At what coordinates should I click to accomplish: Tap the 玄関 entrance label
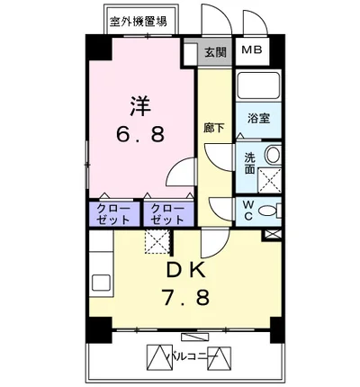[x=214, y=52]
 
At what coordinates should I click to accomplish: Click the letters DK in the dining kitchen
[x=186, y=271]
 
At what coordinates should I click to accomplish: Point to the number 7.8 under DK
[x=186, y=298]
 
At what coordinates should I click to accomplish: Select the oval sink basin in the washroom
[x=273, y=156]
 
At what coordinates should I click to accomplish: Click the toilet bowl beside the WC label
[x=270, y=212]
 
